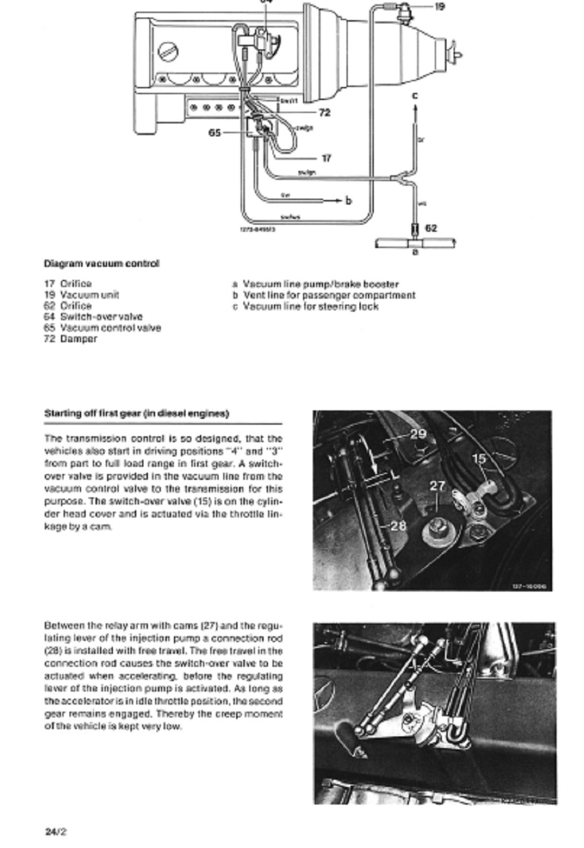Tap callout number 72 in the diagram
coord(324,112)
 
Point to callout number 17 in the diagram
coord(326,158)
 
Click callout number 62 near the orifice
coord(432,228)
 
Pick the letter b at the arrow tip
coord(348,201)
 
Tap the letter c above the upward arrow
coord(415,95)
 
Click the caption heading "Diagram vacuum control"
coord(101,263)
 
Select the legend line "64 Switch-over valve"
coord(93,316)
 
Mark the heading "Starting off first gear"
coord(136,413)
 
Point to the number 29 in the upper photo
coord(418,434)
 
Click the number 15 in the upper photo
coord(480,459)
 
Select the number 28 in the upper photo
coord(398,525)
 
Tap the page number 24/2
coord(56,831)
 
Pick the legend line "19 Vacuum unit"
coord(81,294)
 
